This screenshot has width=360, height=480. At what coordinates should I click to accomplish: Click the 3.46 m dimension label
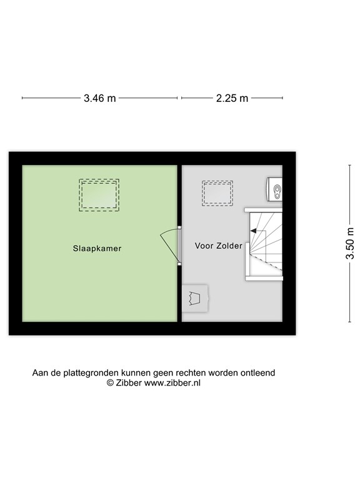point(99,98)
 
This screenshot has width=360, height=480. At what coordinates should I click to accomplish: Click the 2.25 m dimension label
point(232,98)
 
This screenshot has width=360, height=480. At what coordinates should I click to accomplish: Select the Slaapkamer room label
point(96,248)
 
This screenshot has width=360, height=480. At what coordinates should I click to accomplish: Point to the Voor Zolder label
point(218,246)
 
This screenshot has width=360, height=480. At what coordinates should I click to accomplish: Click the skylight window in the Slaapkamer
point(99,194)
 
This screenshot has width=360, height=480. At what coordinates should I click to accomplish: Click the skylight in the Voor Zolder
point(217,194)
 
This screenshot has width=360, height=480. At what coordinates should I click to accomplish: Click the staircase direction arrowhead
point(253,231)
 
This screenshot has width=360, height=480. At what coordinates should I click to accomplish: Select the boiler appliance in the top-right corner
point(274,189)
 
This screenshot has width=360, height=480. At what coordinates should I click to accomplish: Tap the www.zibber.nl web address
point(172,383)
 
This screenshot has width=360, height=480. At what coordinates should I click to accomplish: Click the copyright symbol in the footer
point(109,383)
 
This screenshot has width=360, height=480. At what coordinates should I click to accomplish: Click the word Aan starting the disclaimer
point(40,372)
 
